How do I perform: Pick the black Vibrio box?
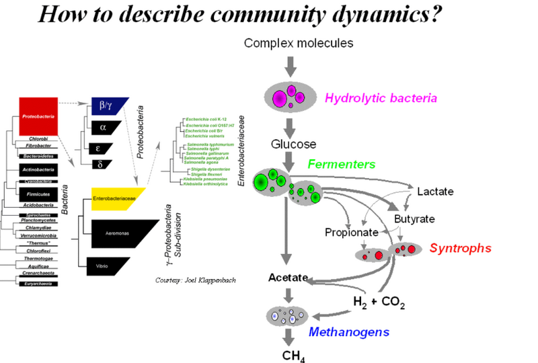(x=106, y=266)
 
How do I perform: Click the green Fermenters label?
(x=342, y=163)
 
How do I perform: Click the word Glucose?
(x=293, y=144)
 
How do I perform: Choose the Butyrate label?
(x=414, y=219)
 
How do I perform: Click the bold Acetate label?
(x=288, y=277)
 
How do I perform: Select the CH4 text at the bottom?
(x=293, y=355)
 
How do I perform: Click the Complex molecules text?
(x=298, y=43)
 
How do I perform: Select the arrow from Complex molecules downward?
(x=290, y=66)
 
